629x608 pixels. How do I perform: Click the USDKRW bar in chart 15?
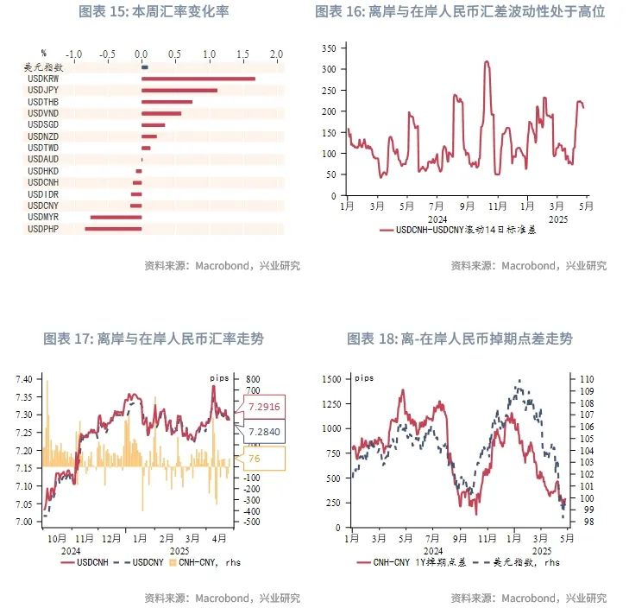click(x=198, y=79)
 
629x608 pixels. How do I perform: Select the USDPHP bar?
click(x=112, y=229)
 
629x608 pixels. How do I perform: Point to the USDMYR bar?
click(x=116, y=218)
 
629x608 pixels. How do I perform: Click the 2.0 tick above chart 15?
click(x=276, y=54)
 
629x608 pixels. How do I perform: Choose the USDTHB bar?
click(x=167, y=102)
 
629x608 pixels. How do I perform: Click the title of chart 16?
click(x=460, y=12)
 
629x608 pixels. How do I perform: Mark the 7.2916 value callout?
click(x=263, y=407)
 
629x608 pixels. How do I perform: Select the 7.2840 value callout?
click(x=263, y=431)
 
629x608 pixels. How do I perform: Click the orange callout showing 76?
click(x=255, y=459)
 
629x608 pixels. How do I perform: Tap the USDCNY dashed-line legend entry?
click(x=136, y=562)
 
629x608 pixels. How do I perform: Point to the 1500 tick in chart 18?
click(x=330, y=380)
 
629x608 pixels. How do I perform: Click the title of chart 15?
click(x=154, y=12)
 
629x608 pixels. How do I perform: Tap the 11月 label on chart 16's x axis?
click(x=498, y=207)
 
